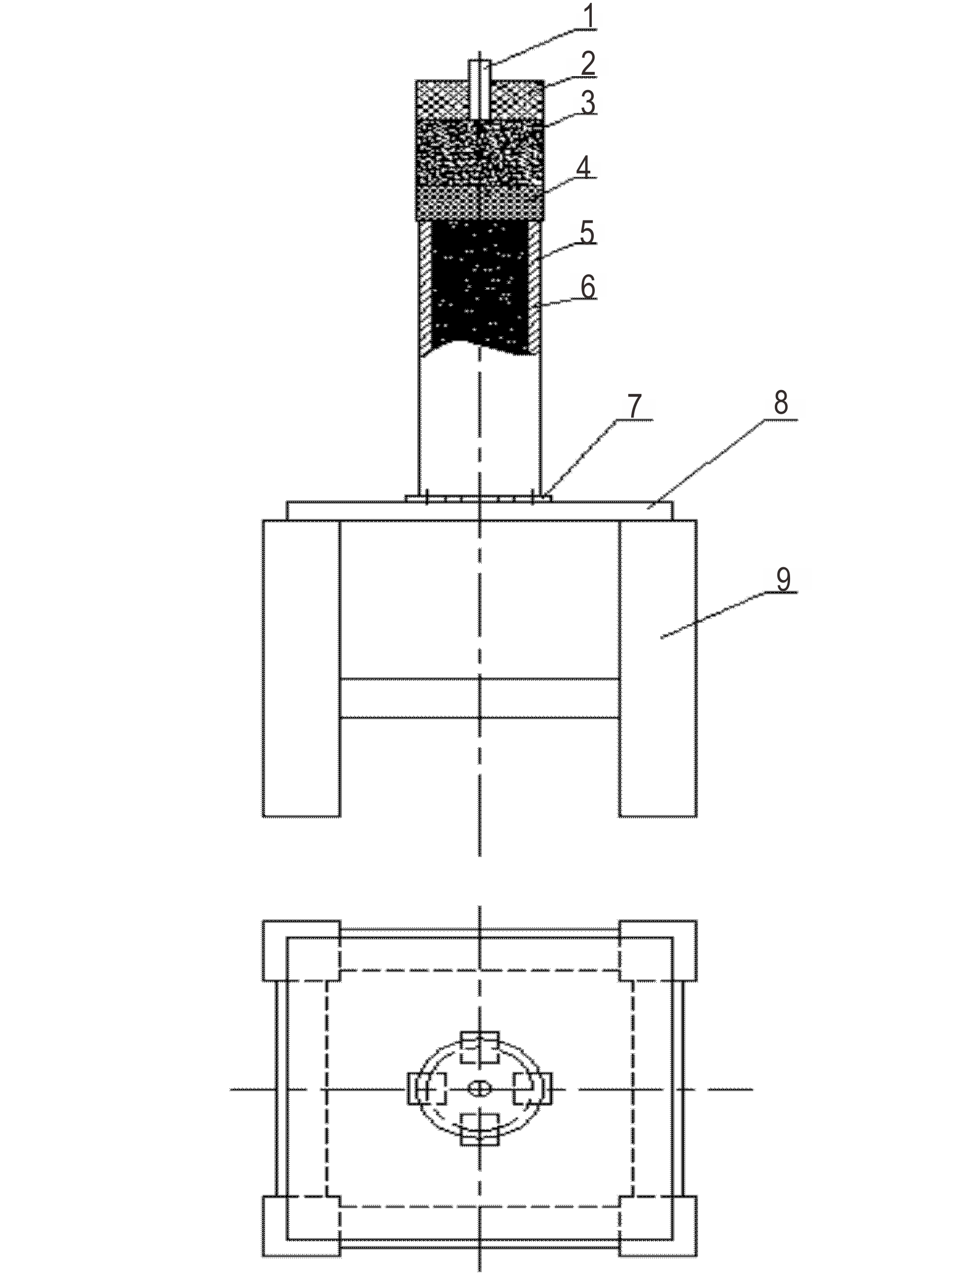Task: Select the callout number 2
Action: point(588,64)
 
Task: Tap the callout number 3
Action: point(588,103)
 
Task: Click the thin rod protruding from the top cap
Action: point(480,90)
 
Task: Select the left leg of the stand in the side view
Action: point(302,668)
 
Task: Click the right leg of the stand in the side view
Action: point(658,668)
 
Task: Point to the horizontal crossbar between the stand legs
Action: point(479,698)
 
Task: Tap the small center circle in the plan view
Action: point(479,1089)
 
